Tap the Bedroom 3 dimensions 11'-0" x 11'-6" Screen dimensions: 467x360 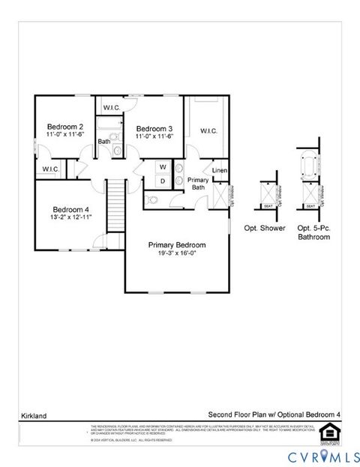(x=154, y=136)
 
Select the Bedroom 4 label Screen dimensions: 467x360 (x=71, y=209)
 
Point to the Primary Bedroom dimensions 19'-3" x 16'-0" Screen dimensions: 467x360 (x=177, y=253)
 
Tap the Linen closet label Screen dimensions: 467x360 (x=220, y=171)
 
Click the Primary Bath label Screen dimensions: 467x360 (x=198, y=184)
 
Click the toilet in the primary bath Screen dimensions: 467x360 (x=152, y=200)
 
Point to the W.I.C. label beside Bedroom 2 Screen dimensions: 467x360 (x=51, y=169)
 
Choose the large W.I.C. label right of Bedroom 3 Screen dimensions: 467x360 (x=208, y=131)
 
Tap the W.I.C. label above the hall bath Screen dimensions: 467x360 (x=112, y=106)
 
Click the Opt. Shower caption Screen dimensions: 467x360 (x=265, y=228)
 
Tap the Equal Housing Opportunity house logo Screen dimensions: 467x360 (x=328, y=434)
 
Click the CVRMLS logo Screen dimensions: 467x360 (x=316, y=457)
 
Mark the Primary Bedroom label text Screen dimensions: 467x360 (x=177, y=244)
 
